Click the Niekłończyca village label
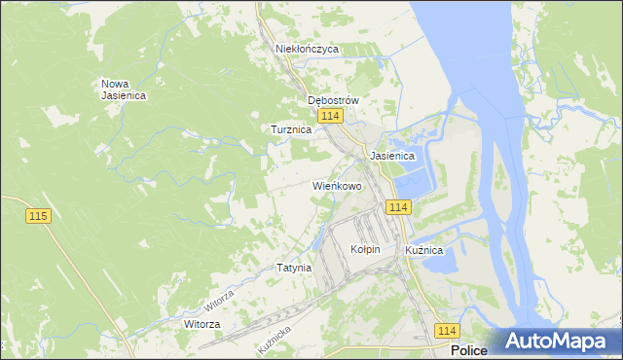click(307, 48)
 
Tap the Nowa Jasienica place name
click(124, 89)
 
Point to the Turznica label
click(290, 128)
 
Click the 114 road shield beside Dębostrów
click(330, 116)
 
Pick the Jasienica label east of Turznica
click(393, 156)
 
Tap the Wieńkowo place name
click(337, 185)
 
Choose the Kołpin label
click(365, 249)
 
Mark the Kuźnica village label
click(424, 250)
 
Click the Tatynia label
click(294, 267)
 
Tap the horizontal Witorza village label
click(202, 323)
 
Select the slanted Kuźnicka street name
click(275, 339)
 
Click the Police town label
click(470, 350)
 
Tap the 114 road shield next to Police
click(447, 331)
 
